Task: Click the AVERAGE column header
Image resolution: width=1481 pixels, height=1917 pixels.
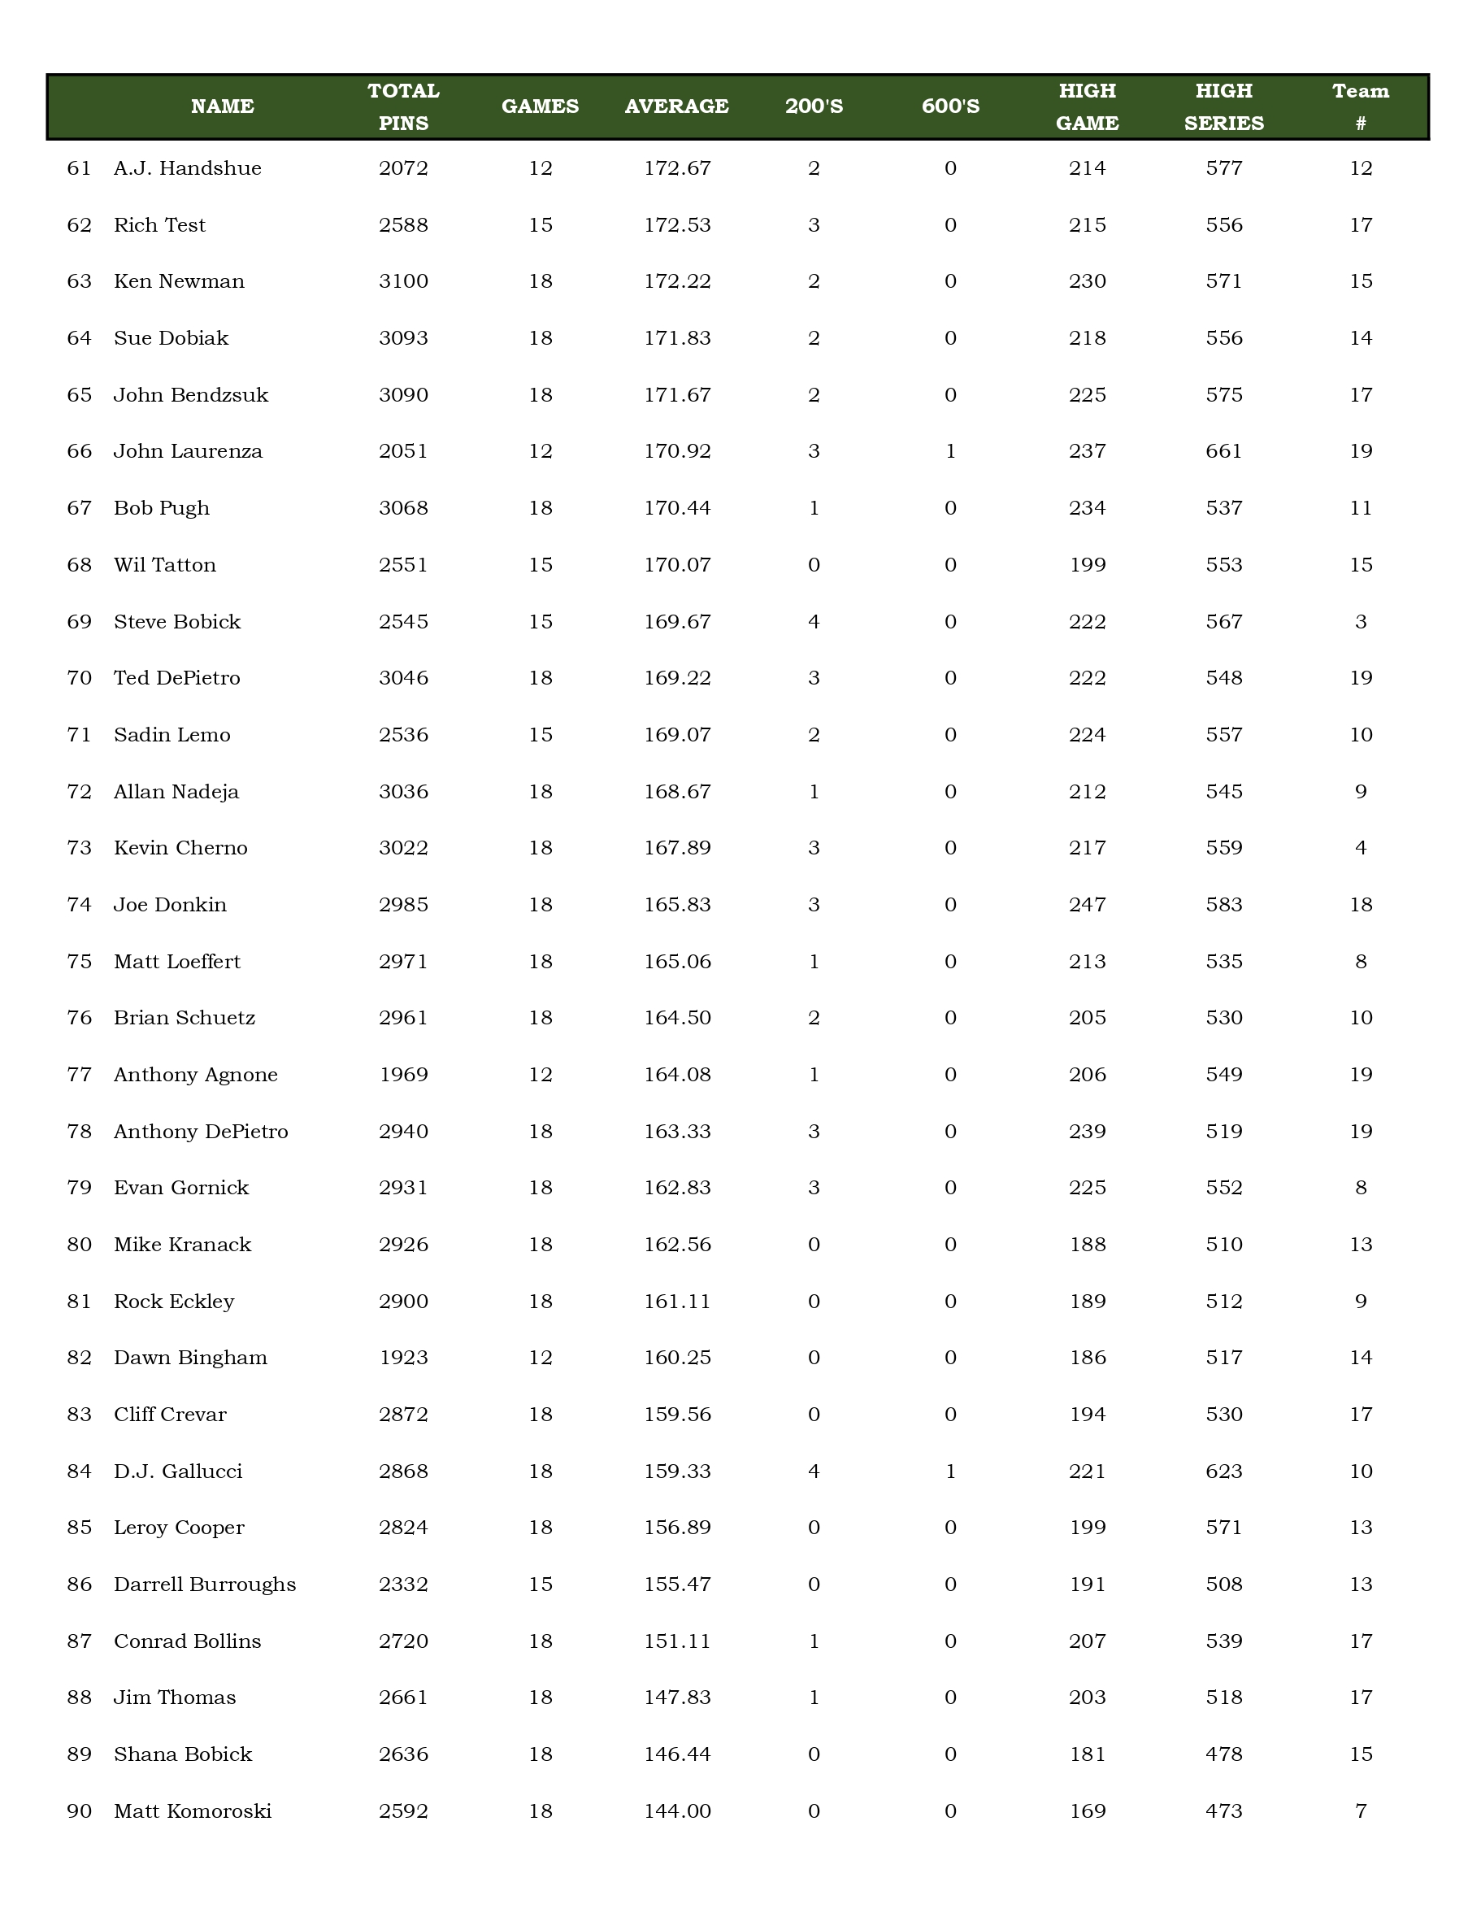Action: pyautogui.click(x=676, y=106)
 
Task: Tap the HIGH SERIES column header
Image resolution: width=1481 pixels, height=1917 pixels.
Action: pyautogui.click(x=1224, y=107)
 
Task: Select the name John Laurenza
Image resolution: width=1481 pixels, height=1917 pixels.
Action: pyautogui.click(x=188, y=451)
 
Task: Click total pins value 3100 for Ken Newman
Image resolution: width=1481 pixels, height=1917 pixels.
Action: pyautogui.click(x=404, y=280)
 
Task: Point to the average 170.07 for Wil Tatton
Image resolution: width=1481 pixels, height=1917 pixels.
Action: pyautogui.click(x=676, y=564)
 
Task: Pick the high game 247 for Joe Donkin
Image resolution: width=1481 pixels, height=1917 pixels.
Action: pyautogui.click(x=1087, y=904)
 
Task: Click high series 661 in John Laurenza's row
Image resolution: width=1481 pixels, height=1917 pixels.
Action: pyautogui.click(x=1224, y=451)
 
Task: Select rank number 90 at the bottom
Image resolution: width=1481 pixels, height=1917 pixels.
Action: pyautogui.click(x=79, y=1810)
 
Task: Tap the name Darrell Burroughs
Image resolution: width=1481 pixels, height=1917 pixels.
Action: pyautogui.click(x=204, y=1584)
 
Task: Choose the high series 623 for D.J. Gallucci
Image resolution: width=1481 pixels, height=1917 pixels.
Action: pyautogui.click(x=1224, y=1471)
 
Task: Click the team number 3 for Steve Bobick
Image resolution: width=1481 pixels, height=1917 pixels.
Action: pyautogui.click(x=1361, y=621)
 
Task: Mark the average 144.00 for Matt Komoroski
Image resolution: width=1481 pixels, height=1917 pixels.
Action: pyautogui.click(x=676, y=1810)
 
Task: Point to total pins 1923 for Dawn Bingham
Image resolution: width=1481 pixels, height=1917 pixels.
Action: pyautogui.click(x=404, y=1357)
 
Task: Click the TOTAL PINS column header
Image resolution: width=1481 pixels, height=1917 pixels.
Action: pyautogui.click(x=404, y=107)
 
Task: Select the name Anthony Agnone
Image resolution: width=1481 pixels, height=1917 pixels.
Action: pyautogui.click(x=196, y=1075)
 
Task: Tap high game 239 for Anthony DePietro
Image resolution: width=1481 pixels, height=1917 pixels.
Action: pyautogui.click(x=1087, y=1132)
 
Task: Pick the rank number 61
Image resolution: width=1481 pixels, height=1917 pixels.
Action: pyautogui.click(x=79, y=167)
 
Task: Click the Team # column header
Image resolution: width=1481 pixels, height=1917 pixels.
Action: pyautogui.click(x=1361, y=107)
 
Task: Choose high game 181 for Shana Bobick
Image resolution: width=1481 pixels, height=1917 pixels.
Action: pyautogui.click(x=1087, y=1754)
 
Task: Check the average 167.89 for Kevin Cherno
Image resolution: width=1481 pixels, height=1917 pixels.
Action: pyautogui.click(x=676, y=848)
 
